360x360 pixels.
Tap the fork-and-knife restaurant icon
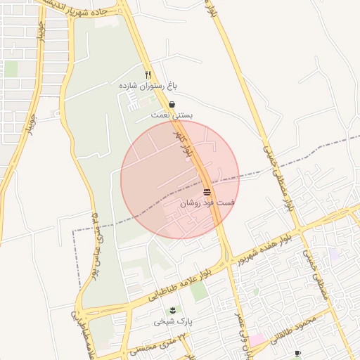coord(148,75)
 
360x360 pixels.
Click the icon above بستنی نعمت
coord(172,104)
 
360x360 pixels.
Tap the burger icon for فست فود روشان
coord(207,192)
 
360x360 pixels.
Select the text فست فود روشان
coord(207,202)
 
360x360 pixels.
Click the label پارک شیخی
coord(172,321)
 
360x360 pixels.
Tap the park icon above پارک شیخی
coord(172,310)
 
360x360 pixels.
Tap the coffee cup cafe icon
coord(297,353)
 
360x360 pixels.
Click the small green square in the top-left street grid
coord(11,69)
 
